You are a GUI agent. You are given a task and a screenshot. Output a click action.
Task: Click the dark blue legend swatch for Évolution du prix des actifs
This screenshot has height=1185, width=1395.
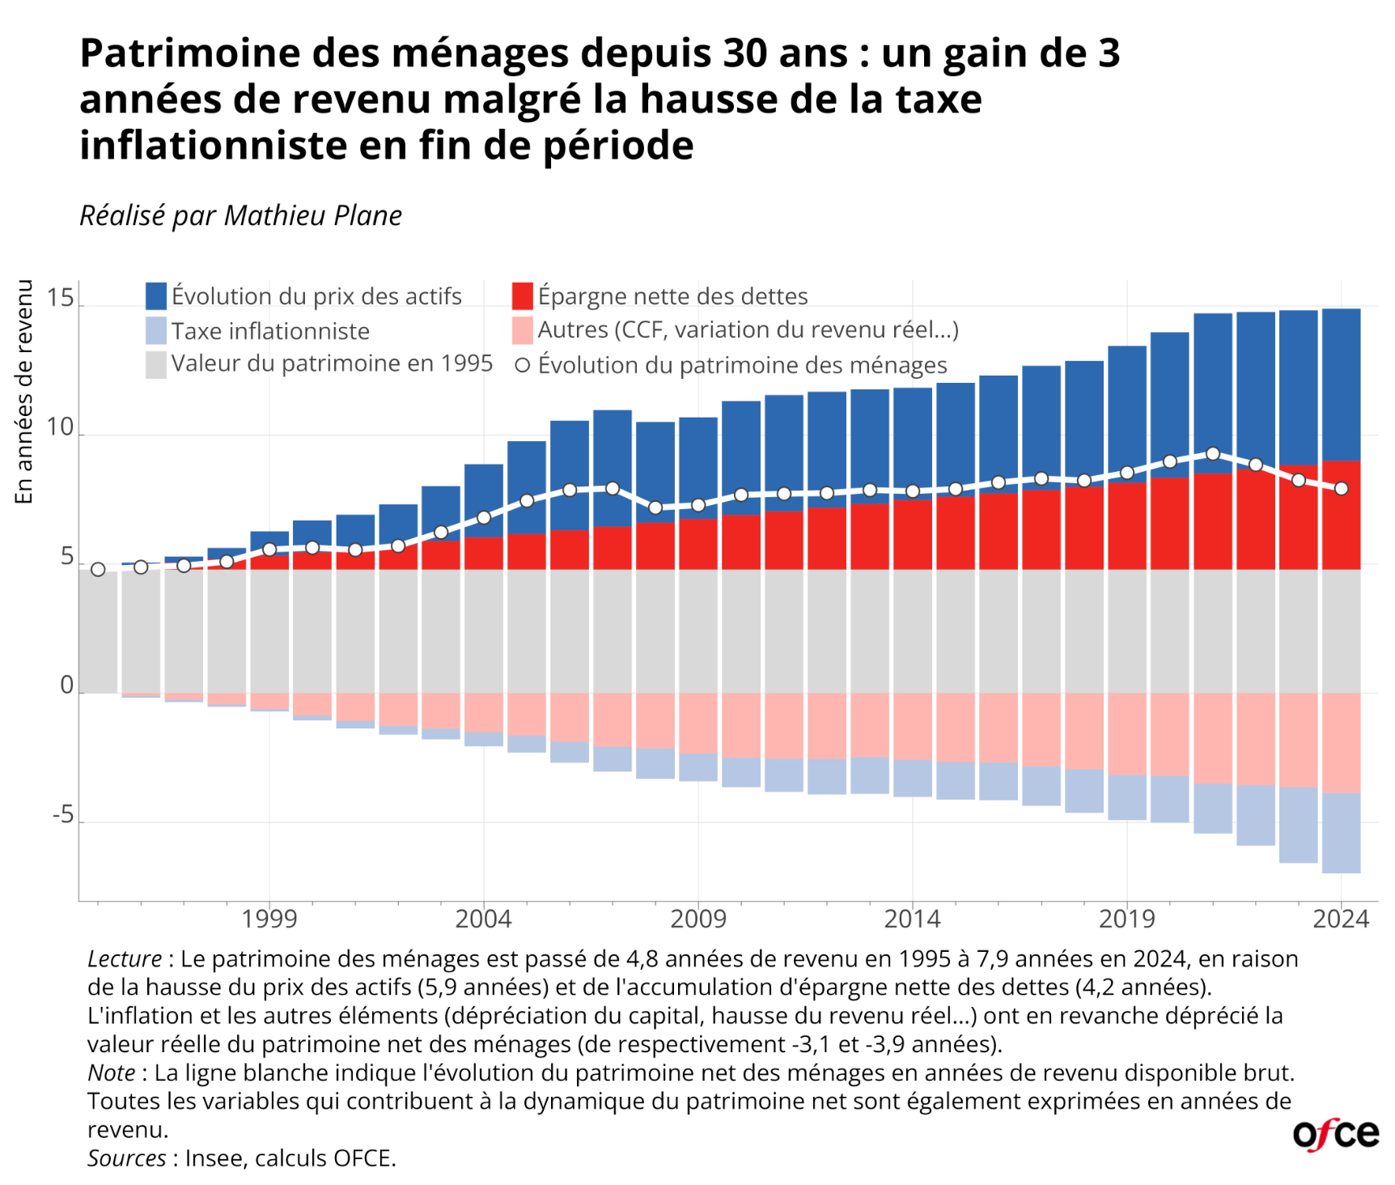(156, 296)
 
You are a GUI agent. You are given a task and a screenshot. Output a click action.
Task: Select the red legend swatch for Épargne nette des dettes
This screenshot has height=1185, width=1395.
(523, 296)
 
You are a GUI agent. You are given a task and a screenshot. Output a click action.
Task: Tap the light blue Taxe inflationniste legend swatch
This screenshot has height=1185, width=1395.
(156, 330)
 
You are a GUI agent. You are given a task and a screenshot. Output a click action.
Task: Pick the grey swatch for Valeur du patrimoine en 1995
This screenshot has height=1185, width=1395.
(156, 364)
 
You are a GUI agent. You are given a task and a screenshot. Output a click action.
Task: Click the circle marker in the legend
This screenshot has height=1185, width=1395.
(523, 366)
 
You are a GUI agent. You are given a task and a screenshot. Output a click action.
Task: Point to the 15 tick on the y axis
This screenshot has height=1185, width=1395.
(60, 299)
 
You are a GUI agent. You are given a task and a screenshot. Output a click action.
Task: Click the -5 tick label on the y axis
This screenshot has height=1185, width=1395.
(63, 815)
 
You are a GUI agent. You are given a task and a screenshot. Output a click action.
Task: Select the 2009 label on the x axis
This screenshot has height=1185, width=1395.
(698, 920)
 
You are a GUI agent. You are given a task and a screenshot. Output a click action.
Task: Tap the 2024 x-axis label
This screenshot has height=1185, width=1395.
(1341, 920)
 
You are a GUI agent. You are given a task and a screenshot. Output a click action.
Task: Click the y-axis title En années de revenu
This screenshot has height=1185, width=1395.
(24, 392)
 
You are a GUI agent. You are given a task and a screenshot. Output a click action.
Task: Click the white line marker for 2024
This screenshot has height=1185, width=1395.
(1342, 489)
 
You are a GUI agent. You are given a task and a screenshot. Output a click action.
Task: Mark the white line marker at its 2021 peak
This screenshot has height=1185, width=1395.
(1213, 454)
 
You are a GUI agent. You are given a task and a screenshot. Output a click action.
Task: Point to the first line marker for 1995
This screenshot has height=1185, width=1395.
(98, 570)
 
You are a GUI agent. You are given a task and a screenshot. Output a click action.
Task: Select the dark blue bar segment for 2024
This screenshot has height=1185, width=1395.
(1342, 384)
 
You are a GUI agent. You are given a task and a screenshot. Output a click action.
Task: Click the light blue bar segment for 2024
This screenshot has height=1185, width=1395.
(1342, 833)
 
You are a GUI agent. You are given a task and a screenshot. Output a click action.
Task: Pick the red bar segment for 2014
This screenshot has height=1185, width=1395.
(913, 534)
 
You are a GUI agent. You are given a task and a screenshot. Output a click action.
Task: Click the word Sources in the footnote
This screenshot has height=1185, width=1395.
(126, 1158)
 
